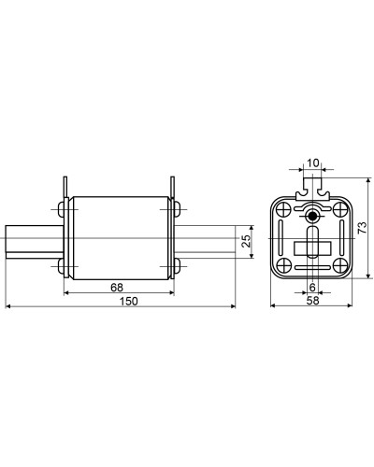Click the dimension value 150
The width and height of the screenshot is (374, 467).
pyautogui.click(x=128, y=301)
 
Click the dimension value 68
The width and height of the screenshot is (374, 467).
pyautogui.click(x=117, y=288)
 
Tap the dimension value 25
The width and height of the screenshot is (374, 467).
pyautogui.click(x=246, y=241)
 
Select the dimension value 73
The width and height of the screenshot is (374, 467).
pyautogui.click(x=362, y=228)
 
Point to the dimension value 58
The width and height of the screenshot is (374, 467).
pyautogui.click(x=312, y=301)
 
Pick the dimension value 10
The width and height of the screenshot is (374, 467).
pyautogui.click(x=313, y=163)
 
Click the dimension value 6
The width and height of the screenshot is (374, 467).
pyautogui.click(x=312, y=287)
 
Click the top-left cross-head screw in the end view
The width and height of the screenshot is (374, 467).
pyautogui.click(x=283, y=209)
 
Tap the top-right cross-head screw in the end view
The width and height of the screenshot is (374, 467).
pyautogui.click(x=339, y=209)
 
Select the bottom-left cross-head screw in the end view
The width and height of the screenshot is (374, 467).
pyautogui.click(x=283, y=265)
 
